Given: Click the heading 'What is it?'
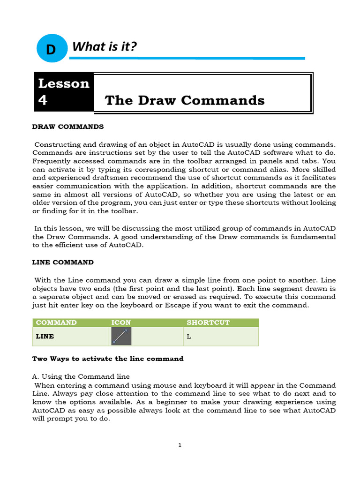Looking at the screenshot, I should (104, 46).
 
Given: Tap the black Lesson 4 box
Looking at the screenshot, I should (64, 92).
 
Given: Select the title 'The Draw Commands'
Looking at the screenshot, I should (185, 100).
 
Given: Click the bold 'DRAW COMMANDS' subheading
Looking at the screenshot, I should (67, 127).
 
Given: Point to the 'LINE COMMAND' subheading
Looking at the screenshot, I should (63, 262).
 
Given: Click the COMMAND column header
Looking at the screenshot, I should (56, 322).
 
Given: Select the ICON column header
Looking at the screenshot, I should (121, 322).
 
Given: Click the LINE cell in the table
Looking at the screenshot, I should (45, 336).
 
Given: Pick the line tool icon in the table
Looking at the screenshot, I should (121, 336).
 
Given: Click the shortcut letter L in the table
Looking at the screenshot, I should (188, 336).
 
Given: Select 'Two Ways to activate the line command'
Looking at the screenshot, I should (107, 359).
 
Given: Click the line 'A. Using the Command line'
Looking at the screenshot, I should (81, 376).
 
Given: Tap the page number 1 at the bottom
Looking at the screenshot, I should (180, 445).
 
